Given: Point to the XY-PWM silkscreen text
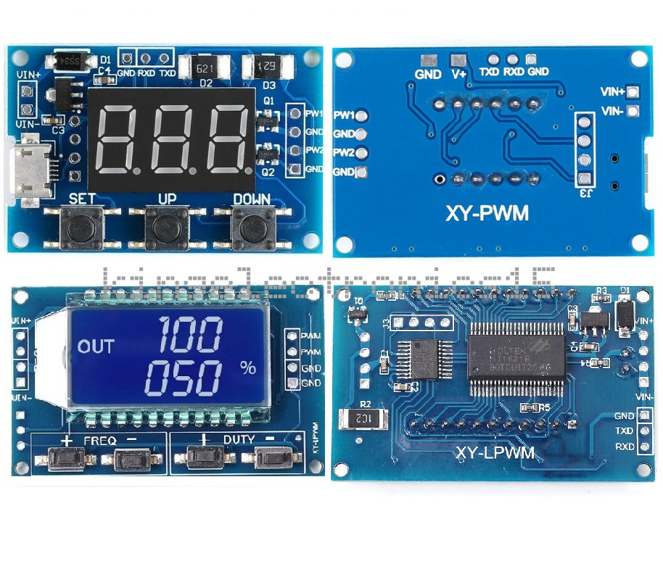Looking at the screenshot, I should click(x=487, y=213).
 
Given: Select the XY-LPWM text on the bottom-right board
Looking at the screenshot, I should click(x=495, y=453).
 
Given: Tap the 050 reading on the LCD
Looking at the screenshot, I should click(x=182, y=378).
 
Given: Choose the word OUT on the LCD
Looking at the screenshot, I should click(x=96, y=346).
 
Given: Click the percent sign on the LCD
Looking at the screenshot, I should click(x=248, y=367).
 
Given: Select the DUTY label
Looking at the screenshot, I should click(x=238, y=440).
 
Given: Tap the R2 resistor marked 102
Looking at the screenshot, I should click(x=363, y=418).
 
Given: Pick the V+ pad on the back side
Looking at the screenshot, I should click(x=458, y=61).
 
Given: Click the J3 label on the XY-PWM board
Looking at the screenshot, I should click(x=585, y=193).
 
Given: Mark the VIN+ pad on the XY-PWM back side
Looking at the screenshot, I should click(x=633, y=92).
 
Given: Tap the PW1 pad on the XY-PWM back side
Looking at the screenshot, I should click(x=362, y=115).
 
